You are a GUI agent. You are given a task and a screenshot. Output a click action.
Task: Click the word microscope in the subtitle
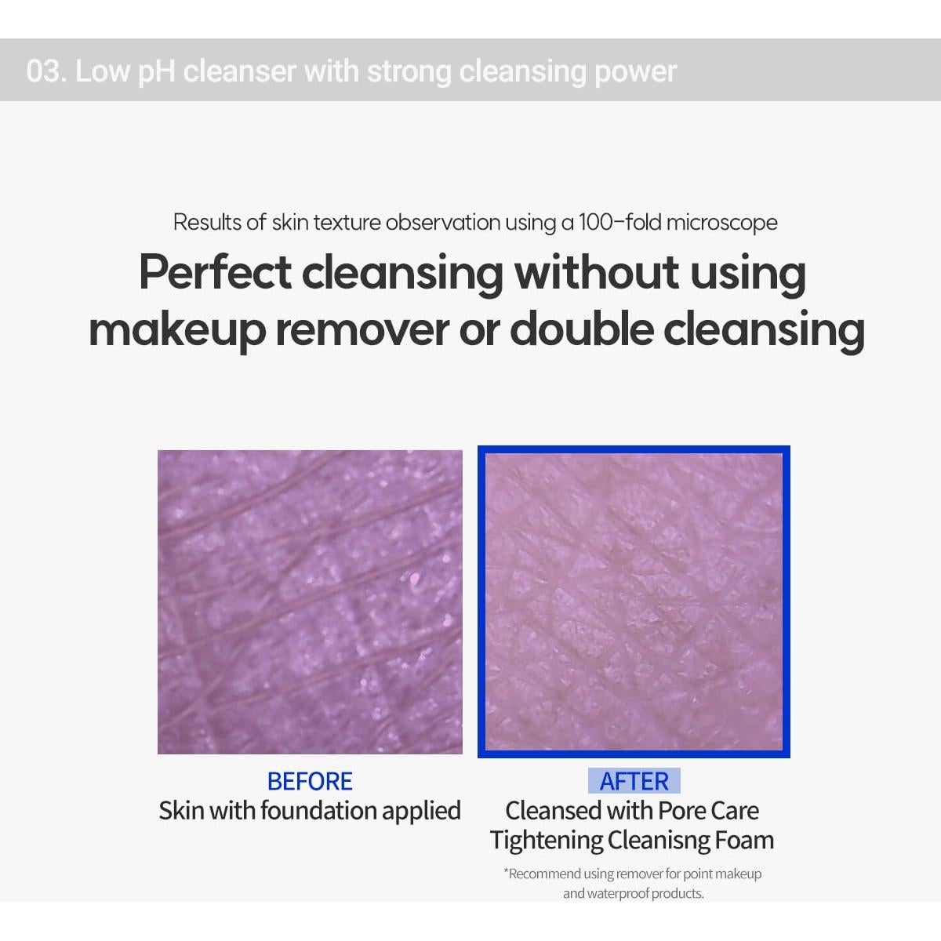(x=721, y=223)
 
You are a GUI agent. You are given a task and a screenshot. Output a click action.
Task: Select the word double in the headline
(x=582, y=329)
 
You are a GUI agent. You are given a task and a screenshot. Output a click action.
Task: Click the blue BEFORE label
(x=310, y=781)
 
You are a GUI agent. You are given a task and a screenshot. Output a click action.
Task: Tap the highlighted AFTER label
(x=634, y=781)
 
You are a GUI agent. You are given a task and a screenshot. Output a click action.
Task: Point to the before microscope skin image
(x=310, y=601)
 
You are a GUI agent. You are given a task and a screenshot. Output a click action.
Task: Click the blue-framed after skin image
(x=634, y=601)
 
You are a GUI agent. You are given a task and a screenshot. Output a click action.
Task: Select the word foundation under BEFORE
(x=319, y=811)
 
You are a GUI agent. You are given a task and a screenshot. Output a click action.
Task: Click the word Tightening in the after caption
(x=547, y=841)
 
